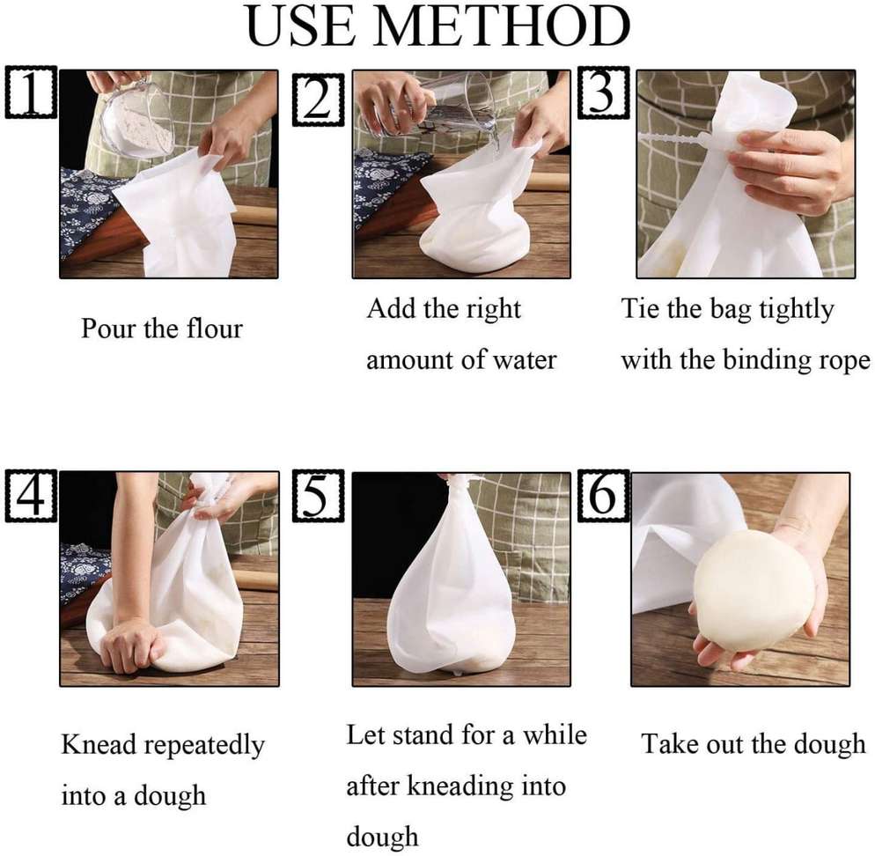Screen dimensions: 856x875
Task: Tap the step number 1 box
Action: pyautogui.click(x=31, y=92)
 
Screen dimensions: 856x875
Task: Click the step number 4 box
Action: pyautogui.click(x=31, y=496)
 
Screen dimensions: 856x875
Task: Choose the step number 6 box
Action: pyautogui.click(x=603, y=496)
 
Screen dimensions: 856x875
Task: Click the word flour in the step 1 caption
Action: pyautogui.click(x=210, y=328)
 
